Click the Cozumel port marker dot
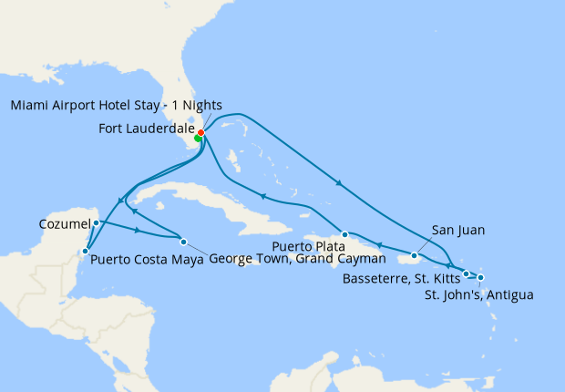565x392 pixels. pos(96,222)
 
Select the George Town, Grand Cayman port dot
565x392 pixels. pos(184,242)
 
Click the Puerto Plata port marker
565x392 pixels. pos(344,234)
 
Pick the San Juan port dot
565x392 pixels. pos(415,255)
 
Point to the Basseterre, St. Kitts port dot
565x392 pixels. pos(466,273)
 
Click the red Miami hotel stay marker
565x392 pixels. pos(200,133)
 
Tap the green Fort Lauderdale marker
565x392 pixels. pos(198,139)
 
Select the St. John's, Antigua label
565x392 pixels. pos(479,294)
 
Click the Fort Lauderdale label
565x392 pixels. pos(146,129)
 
